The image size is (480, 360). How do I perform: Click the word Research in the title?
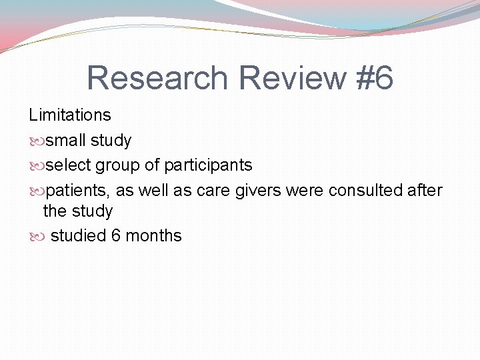(x=157, y=78)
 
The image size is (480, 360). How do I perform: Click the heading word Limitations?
(x=70, y=115)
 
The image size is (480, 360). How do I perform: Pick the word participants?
(x=208, y=165)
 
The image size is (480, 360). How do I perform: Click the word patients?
(x=78, y=191)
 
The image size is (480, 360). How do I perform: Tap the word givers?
(x=258, y=191)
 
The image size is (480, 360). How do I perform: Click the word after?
(x=426, y=191)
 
